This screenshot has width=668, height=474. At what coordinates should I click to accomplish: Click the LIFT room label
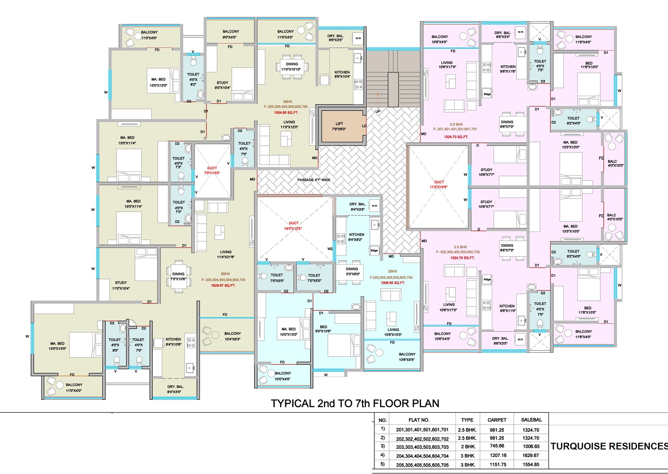tap(339, 126)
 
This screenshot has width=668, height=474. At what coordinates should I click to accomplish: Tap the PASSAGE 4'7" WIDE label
tap(314, 180)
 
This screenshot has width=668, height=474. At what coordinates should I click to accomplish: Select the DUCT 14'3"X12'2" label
tap(293, 226)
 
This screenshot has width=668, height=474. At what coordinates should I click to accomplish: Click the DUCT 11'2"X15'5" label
tap(438, 185)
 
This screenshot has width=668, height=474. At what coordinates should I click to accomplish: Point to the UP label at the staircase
tap(378, 111)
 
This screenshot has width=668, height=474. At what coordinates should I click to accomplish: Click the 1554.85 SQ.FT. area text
tap(286, 112)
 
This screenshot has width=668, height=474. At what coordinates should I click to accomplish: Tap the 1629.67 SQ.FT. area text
tap(223, 285)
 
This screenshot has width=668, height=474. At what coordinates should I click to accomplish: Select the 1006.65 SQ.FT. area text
tap(393, 283)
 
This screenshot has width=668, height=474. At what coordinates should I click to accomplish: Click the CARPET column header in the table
tap(497, 420)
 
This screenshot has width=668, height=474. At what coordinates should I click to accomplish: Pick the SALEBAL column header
tap(531, 420)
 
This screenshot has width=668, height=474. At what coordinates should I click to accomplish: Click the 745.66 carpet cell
tap(497, 446)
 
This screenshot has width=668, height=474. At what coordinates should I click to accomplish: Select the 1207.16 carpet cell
tap(498, 455)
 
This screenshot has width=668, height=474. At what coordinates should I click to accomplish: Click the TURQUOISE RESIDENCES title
tap(609, 446)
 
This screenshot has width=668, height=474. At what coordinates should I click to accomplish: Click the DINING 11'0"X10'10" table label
tap(291, 67)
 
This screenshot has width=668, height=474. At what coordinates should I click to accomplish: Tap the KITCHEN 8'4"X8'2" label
tap(356, 237)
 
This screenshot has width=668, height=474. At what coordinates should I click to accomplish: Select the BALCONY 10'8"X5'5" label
tap(407, 357)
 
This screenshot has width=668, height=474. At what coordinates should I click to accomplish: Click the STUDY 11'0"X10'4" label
tap(121, 285)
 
